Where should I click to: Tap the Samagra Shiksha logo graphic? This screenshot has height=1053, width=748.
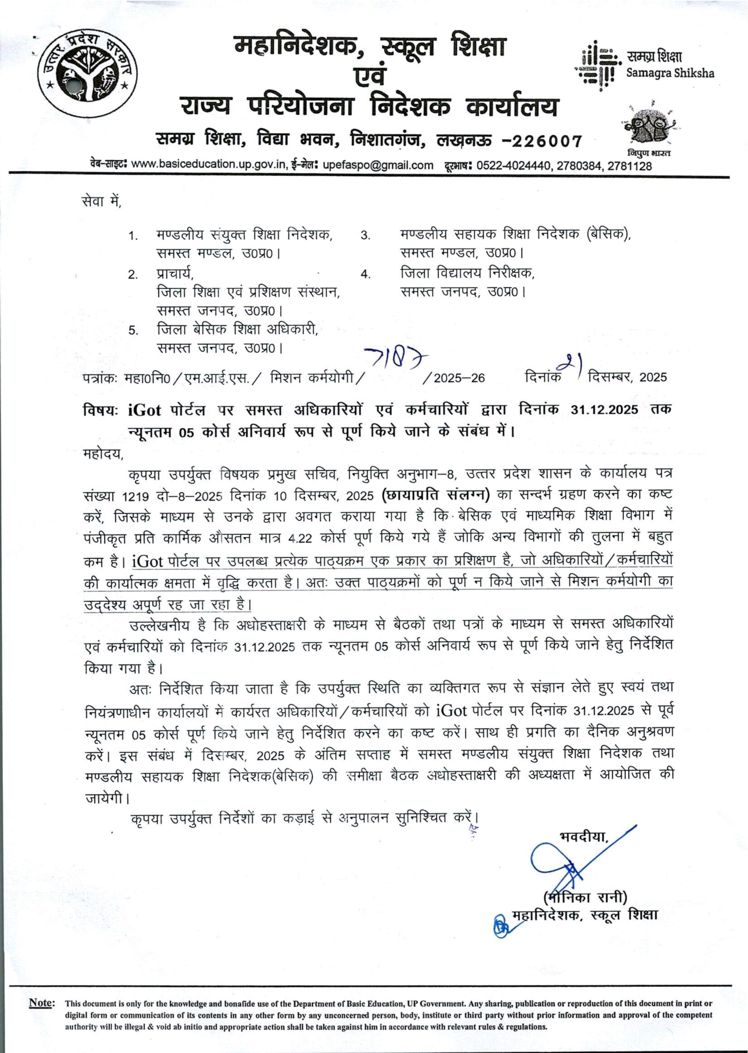598,66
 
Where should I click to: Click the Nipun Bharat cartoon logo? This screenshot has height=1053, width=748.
649,125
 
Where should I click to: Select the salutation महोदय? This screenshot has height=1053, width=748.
104,454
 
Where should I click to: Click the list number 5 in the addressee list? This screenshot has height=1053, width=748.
133,330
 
